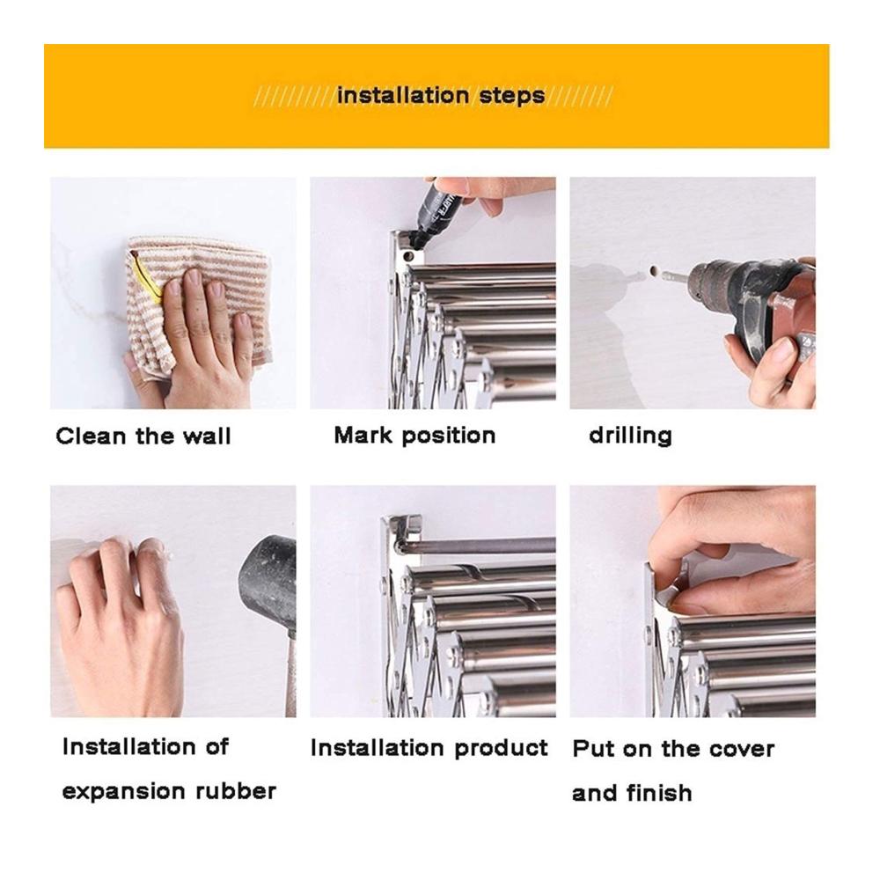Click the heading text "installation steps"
[441, 95]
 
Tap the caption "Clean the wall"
[143, 436]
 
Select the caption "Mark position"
[414, 436]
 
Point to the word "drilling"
[630, 436]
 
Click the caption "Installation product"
[429, 748]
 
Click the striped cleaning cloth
[196, 303]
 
